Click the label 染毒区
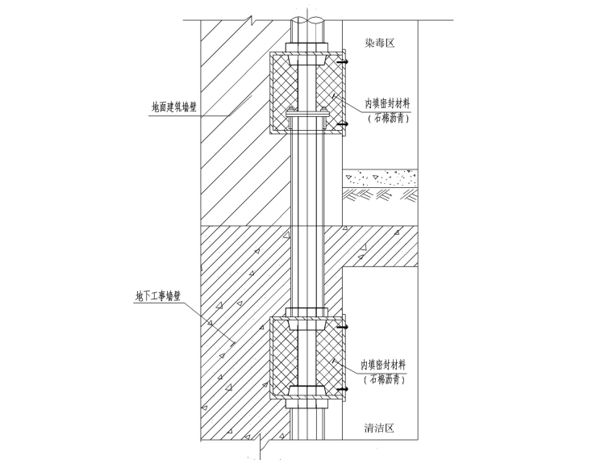click(x=380, y=43)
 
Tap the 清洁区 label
click(x=379, y=428)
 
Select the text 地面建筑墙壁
click(x=174, y=107)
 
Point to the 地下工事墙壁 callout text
click(x=158, y=296)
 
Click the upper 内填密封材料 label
click(x=388, y=103)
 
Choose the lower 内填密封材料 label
click(x=383, y=366)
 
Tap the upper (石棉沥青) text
click(x=388, y=118)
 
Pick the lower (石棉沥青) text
click(x=383, y=379)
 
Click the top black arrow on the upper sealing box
click(x=343, y=62)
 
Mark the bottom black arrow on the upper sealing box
click(x=343, y=124)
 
